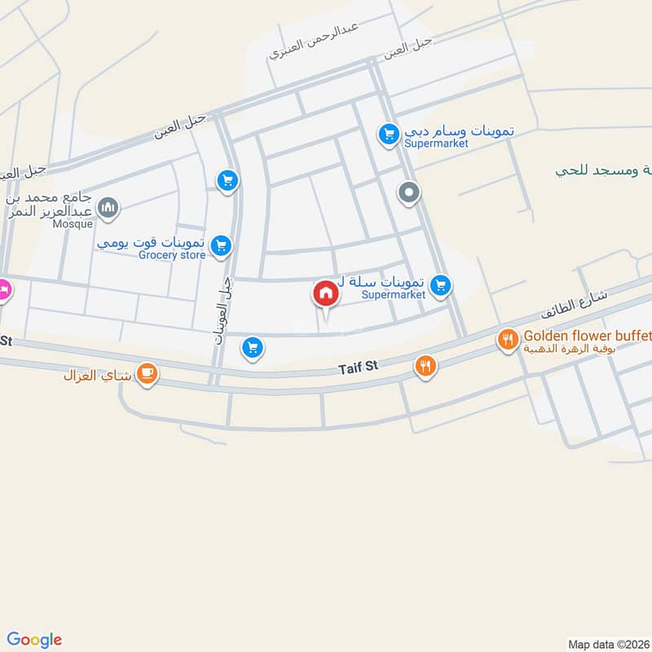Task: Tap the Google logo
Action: [35, 640]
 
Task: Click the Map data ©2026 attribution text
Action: [609, 644]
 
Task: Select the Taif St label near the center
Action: [359, 368]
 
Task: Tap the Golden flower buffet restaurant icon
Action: [508, 339]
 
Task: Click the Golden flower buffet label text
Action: [587, 335]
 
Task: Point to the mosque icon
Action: [108, 209]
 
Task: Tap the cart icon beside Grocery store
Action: [220, 245]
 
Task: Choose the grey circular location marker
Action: [408, 193]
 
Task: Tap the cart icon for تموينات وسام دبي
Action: [388, 132]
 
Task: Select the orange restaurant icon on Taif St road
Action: [425, 366]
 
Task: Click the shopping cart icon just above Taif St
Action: [253, 349]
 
